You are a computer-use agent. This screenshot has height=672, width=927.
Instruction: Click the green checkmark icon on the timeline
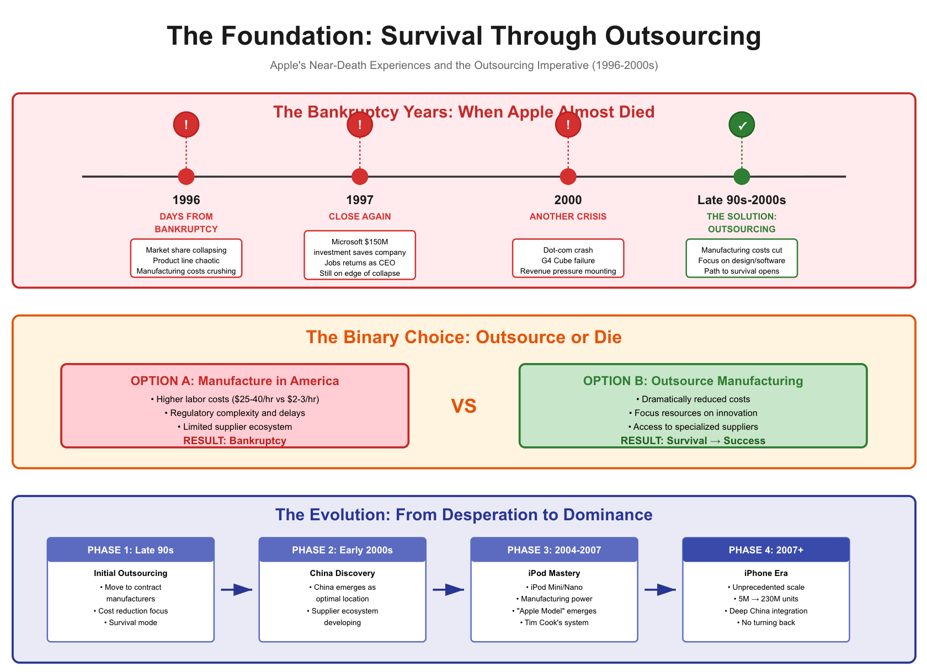pyautogui.click(x=742, y=125)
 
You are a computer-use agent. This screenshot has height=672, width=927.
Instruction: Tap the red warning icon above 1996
pyautogui.click(x=186, y=125)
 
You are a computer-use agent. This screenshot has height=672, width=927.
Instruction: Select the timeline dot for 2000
pyautogui.click(x=568, y=177)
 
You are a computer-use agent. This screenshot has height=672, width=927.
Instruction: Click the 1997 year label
pyautogui.click(x=360, y=200)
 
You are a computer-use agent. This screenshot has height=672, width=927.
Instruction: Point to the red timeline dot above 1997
pyautogui.click(x=360, y=177)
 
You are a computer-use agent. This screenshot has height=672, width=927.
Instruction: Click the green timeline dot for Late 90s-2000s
pyautogui.click(x=742, y=177)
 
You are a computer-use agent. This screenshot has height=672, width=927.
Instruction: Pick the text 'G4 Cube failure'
pyautogui.click(x=568, y=260)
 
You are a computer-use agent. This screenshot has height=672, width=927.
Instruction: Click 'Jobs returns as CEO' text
pyautogui.click(x=360, y=263)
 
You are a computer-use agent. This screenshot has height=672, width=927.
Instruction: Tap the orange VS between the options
pyautogui.click(x=464, y=407)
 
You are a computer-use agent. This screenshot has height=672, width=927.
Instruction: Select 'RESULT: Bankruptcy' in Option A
pyautogui.click(x=235, y=440)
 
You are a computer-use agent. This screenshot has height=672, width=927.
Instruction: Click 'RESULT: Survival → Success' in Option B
pyautogui.click(x=693, y=440)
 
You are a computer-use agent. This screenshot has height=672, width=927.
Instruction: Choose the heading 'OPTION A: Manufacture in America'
pyautogui.click(x=235, y=381)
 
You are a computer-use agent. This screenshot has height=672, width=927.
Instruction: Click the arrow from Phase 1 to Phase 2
pyautogui.click(x=236, y=590)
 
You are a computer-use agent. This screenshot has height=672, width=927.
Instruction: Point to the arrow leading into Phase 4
pyautogui.click(x=660, y=590)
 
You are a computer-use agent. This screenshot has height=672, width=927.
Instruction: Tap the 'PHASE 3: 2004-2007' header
pyautogui.click(x=554, y=550)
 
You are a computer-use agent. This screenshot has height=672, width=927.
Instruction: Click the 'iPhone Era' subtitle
pyautogui.click(x=766, y=573)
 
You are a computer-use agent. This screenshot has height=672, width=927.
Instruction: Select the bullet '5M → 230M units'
pyautogui.click(x=766, y=599)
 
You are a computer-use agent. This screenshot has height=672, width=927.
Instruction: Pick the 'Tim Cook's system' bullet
pyautogui.click(x=554, y=622)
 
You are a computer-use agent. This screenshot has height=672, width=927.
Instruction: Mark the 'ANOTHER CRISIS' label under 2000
pyautogui.click(x=568, y=216)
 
